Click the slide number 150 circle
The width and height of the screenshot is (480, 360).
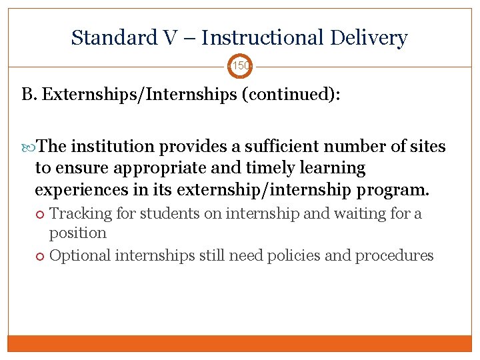(240, 67)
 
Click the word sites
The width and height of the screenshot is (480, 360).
(425, 147)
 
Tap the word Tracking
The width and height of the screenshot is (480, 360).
(76, 214)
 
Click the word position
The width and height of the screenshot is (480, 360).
(78, 233)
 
